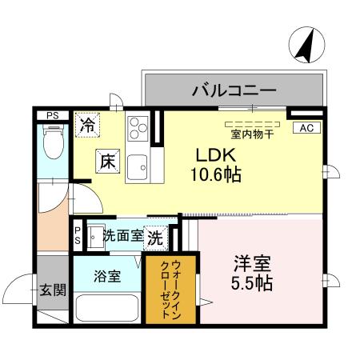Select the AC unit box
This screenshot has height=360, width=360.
[x=306, y=127]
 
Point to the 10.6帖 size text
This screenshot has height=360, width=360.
[x=215, y=173]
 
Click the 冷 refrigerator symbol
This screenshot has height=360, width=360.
[x=87, y=126]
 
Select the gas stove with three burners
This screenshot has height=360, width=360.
[x=138, y=126]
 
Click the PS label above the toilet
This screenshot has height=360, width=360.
[x=52, y=116]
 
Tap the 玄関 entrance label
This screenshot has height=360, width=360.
[x=54, y=290]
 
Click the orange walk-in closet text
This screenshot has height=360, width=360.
[x=170, y=288]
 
